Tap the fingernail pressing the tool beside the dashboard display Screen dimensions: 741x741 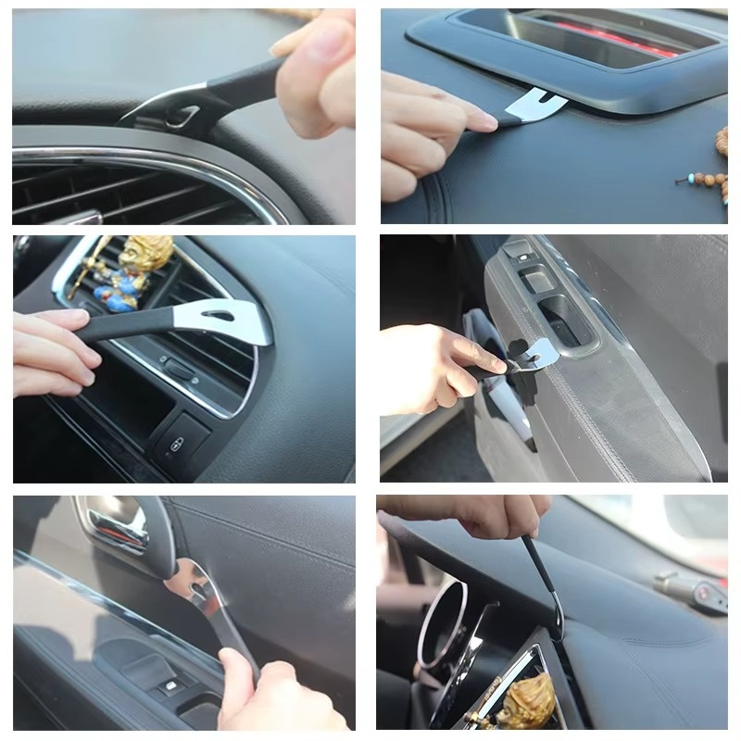(484, 120)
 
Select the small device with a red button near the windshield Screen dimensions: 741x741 (690, 590)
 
